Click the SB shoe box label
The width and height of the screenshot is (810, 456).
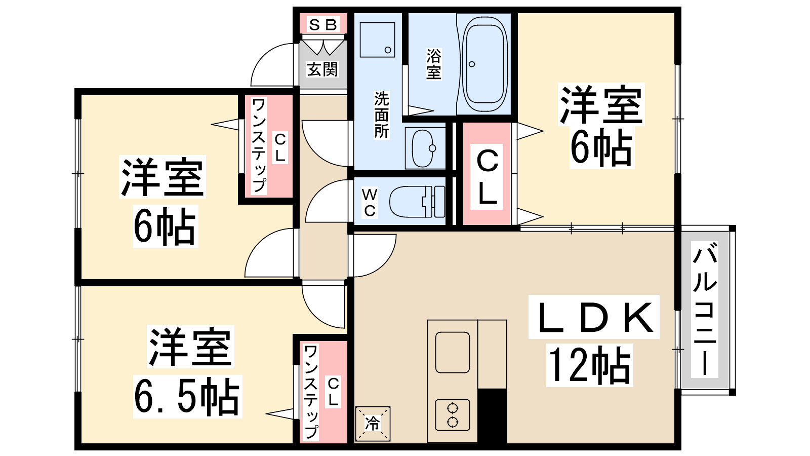click(323, 24)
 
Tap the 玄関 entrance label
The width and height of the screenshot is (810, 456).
click(322, 69)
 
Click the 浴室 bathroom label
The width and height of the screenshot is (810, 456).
click(433, 64)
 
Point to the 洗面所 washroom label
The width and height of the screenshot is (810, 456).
click(381, 115)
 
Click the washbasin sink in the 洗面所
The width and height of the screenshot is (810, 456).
click(423, 148)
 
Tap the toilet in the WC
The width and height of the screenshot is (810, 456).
click(417, 202)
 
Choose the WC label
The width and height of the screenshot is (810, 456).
click(370, 203)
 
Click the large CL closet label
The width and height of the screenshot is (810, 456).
click(487, 177)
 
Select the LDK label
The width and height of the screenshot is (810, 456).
click(594, 317)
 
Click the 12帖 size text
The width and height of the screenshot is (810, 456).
click(589, 365)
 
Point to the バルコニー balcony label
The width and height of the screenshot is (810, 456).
click(705, 310)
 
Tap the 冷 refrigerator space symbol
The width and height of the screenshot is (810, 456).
click(373, 424)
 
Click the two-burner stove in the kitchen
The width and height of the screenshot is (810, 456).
click(453, 415)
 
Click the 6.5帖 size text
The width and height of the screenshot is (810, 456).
click(187, 397)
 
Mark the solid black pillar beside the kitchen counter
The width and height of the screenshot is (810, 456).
click(492, 416)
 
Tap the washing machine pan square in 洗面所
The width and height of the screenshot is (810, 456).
click(377, 40)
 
